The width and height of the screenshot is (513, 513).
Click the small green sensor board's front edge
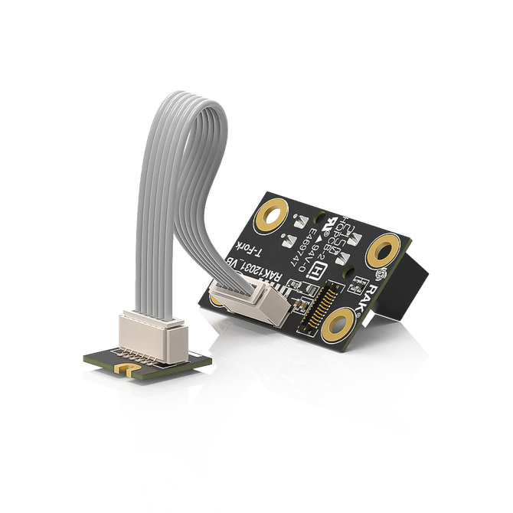click(142, 380)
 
